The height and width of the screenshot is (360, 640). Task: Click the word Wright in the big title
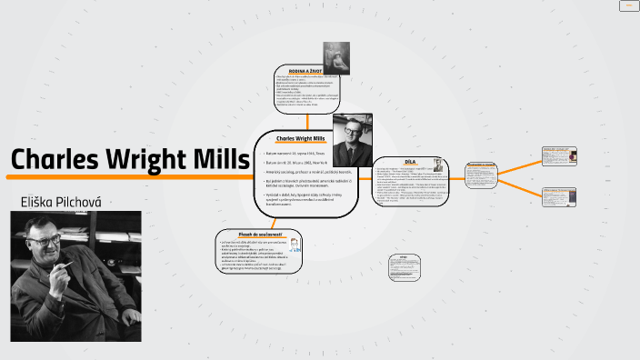(148, 160)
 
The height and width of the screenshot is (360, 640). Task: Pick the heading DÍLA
(409, 161)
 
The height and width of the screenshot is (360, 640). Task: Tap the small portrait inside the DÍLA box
(438, 165)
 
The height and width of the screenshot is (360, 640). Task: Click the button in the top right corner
(627, 5)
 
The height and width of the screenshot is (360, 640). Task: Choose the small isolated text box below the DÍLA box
(398, 263)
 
